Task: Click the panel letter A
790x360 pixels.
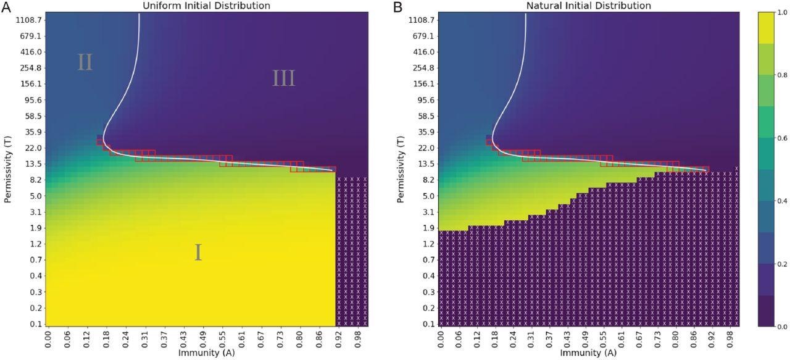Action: [6, 7]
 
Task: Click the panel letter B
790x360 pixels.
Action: [398, 7]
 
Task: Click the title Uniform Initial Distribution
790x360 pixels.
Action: [206, 6]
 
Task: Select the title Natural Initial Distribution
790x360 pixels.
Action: [588, 6]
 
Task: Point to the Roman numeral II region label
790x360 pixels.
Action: [85, 62]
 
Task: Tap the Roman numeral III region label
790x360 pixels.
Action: [284, 78]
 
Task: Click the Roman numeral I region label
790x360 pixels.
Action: [198, 253]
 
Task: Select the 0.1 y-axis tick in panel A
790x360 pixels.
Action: [36, 324]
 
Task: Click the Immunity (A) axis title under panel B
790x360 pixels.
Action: [588, 353]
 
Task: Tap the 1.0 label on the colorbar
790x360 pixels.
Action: [780, 13]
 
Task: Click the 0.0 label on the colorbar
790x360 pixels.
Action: [780, 326]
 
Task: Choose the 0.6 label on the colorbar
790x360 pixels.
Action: [780, 138]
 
